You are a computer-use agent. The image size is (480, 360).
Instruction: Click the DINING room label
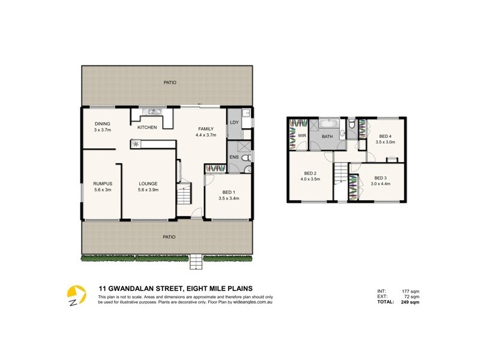tap(101, 124)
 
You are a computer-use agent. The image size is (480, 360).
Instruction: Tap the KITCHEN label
tap(147, 127)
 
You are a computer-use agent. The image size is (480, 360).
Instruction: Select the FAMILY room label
tap(206, 129)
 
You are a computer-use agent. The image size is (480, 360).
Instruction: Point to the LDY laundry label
tap(234, 122)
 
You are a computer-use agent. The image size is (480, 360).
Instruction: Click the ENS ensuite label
tap(234, 158)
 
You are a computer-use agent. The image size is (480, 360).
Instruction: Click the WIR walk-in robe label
tap(302, 136)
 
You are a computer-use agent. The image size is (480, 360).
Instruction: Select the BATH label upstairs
tap(327, 137)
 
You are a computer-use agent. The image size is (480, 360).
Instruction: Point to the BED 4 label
tap(385, 136)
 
